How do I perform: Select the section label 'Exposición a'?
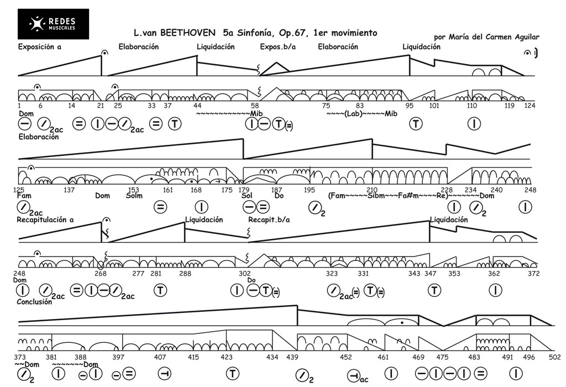click(39, 47)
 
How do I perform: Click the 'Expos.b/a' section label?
click(277, 47)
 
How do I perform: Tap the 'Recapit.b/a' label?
click(269, 219)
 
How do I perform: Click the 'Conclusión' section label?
click(35, 302)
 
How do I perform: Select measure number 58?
click(255, 106)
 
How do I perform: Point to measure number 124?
click(530, 106)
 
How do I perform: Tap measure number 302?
click(244, 273)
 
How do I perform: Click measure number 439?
click(292, 357)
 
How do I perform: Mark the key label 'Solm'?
click(134, 196)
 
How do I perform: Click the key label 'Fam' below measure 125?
click(24, 196)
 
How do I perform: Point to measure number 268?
click(100, 273)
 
